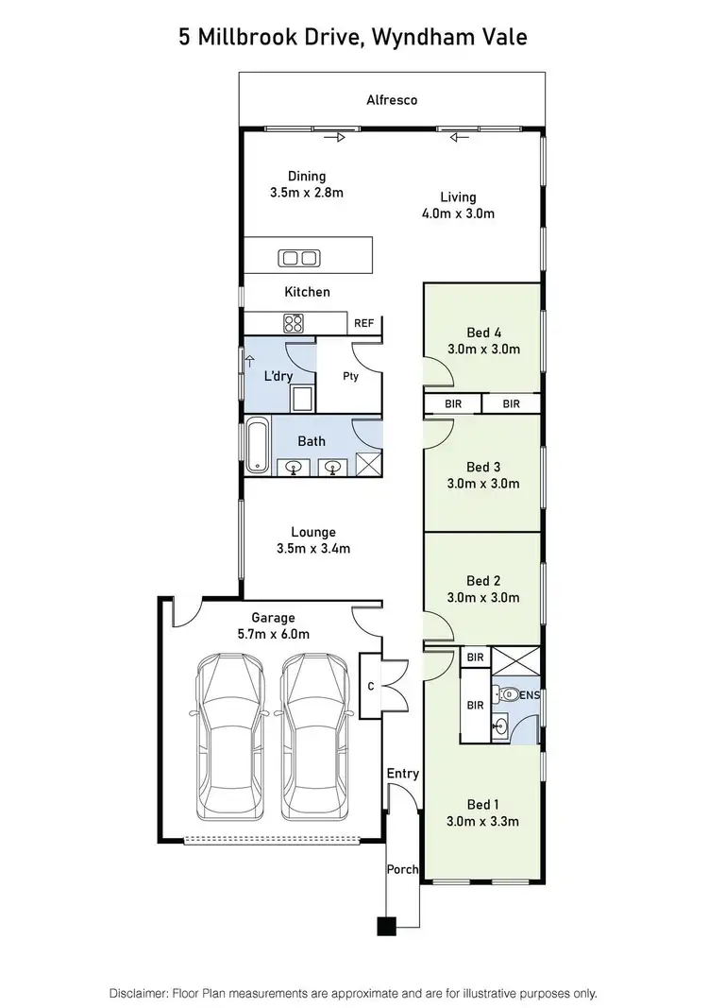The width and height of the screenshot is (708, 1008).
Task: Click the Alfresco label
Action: [x=392, y=99]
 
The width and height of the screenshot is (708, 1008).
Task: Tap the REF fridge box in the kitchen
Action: [x=363, y=323]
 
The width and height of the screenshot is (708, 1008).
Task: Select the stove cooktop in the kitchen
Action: [x=294, y=323]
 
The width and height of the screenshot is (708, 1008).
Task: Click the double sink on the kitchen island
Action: [x=299, y=258]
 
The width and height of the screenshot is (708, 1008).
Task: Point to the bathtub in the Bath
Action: [x=257, y=447]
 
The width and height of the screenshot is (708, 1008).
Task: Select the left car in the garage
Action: [x=230, y=736]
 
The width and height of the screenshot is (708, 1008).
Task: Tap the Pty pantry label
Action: [x=350, y=375]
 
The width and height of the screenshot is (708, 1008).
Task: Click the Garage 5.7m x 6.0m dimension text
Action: [x=273, y=634]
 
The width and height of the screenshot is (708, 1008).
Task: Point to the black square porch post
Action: [x=385, y=926]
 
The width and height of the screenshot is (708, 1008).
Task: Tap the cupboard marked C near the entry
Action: [x=371, y=686]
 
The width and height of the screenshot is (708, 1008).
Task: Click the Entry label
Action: [x=402, y=774]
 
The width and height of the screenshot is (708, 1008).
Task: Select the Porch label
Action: [x=402, y=869]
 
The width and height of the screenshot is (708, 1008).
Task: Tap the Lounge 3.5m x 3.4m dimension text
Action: [x=312, y=548]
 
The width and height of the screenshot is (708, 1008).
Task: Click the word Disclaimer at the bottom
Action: [x=143, y=993]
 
